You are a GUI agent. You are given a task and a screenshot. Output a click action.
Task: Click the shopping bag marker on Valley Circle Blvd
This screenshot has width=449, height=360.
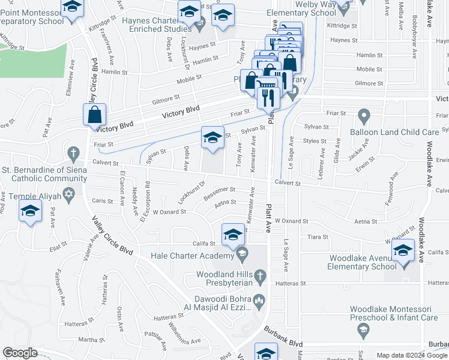[95, 115]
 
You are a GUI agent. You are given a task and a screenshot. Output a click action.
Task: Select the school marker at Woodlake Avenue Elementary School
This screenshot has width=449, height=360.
[403, 251]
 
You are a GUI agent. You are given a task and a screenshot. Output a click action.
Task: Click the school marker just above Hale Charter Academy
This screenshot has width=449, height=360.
[233, 235]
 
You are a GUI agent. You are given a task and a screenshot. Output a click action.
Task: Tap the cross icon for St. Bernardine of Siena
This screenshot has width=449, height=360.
[73, 153]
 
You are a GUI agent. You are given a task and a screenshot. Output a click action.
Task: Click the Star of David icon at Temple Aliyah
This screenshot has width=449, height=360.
[68, 195]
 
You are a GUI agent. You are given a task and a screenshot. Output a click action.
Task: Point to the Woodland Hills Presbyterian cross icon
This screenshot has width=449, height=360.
[259, 277]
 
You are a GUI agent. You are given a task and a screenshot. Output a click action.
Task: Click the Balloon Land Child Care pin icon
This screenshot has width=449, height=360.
[363, 115]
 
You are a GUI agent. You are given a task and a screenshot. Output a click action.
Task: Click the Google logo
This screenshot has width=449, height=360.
[20, 352]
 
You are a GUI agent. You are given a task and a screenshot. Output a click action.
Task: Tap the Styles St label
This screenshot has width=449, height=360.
[315, 141]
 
